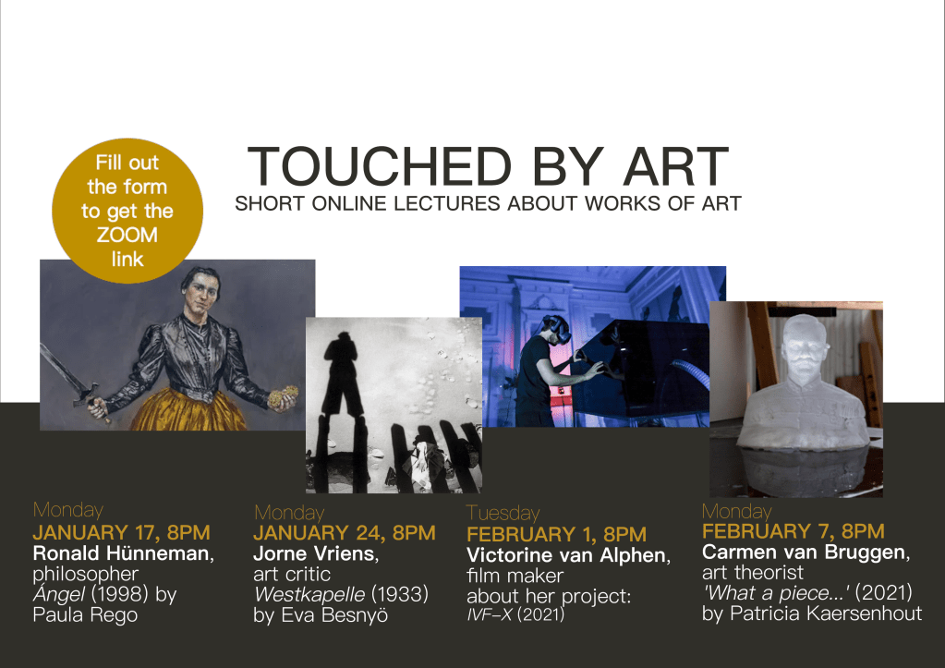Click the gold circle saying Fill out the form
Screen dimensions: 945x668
[127, 211]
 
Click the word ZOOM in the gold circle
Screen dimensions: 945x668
[127, 235]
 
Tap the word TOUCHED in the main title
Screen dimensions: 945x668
[380, 166]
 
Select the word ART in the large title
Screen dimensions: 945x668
[676, 166]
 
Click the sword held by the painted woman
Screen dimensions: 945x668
[71, 379]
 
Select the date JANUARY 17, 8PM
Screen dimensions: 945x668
[122, 532]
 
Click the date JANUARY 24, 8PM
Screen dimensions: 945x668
[345, 533]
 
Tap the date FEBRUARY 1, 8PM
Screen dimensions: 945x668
[556, 534]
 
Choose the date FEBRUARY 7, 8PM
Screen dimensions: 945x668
[794, 531]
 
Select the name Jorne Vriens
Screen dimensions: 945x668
[314, 553]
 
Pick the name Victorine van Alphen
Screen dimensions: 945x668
[566, 554]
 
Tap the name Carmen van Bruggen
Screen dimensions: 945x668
[804, 552]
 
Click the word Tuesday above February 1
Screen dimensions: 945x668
[503, 513]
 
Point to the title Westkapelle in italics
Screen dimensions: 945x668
[309, 594]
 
